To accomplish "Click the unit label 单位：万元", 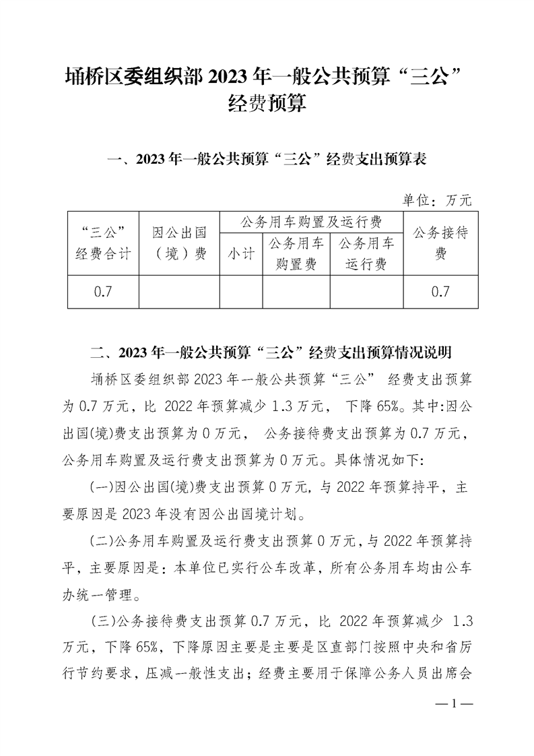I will tap(437, 199).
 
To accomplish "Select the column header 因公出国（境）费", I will tap(178, 243).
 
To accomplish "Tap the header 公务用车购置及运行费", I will tap(310, 222).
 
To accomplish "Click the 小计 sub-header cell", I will tap(240, 253).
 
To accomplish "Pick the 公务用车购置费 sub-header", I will tap(296, 253).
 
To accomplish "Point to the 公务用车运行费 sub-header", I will tap(366, 253).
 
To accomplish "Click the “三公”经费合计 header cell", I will tap(102, 243).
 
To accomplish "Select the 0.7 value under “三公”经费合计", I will tap(102, 292).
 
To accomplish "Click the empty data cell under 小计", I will tap(240, 292).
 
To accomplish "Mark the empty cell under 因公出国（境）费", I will tap(178, 292).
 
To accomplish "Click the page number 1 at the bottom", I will tap(455, 705).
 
